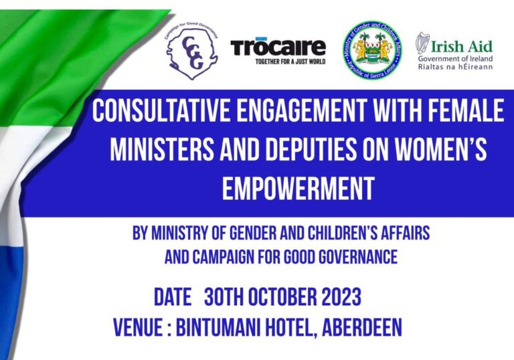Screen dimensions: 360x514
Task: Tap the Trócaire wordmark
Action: point(278,47)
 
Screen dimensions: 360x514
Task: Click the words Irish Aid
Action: point(462,46)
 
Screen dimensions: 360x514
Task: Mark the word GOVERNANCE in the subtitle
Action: point(359,256)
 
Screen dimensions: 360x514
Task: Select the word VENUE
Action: point(141,327)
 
